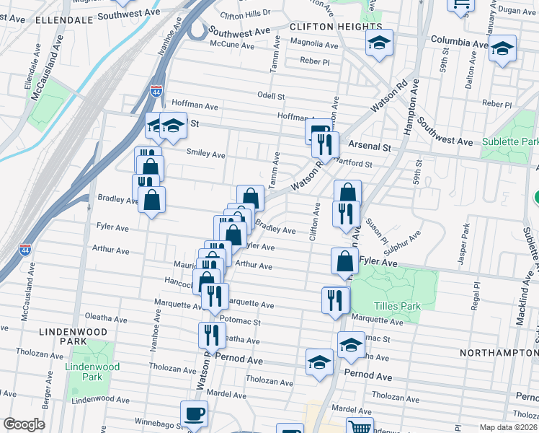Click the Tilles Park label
400,306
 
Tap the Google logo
24,424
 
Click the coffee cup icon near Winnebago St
194,414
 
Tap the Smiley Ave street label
206,154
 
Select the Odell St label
272,96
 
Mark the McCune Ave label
232,45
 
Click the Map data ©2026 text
507,427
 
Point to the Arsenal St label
374,146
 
